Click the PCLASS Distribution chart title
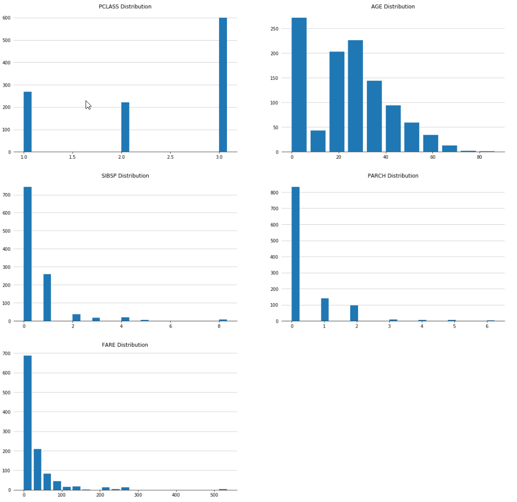pos(125,7)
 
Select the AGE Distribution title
pos(393,7)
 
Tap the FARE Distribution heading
pos(125,345)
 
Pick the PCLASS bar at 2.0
pos(125,127)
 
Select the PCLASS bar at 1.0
pos(27,122)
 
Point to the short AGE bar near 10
pos(318,142)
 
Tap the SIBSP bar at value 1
pos(47,298)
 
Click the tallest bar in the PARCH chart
pos(295,254)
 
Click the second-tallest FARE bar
pos(37,469)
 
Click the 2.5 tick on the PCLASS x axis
pos(170,157)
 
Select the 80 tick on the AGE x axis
pos(479,157)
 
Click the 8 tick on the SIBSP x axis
pos(219,326)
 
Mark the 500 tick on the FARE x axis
pos(214,495)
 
